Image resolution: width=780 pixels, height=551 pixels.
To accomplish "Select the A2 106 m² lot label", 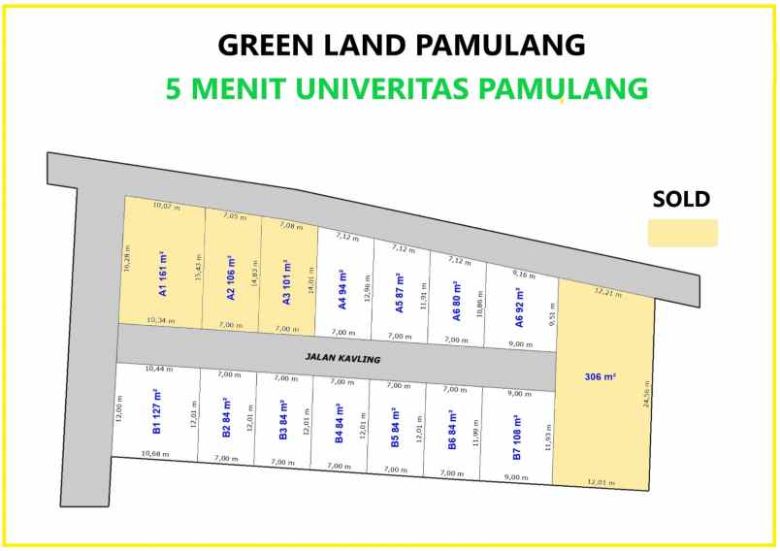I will (231, 278).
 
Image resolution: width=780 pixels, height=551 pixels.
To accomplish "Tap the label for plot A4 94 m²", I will (342, 289).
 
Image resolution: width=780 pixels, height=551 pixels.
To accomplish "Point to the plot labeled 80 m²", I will (456, 300).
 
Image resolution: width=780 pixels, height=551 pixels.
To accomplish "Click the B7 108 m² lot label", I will (516, 435).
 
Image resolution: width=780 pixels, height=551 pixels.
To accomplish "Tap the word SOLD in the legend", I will (681, 200).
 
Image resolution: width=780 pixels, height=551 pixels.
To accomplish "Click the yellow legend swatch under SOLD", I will (682, 233).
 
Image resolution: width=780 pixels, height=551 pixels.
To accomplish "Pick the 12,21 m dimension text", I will (608, 292).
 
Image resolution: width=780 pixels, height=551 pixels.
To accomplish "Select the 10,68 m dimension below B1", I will (155, 454).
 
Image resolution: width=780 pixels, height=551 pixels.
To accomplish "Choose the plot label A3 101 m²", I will (287, 282).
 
